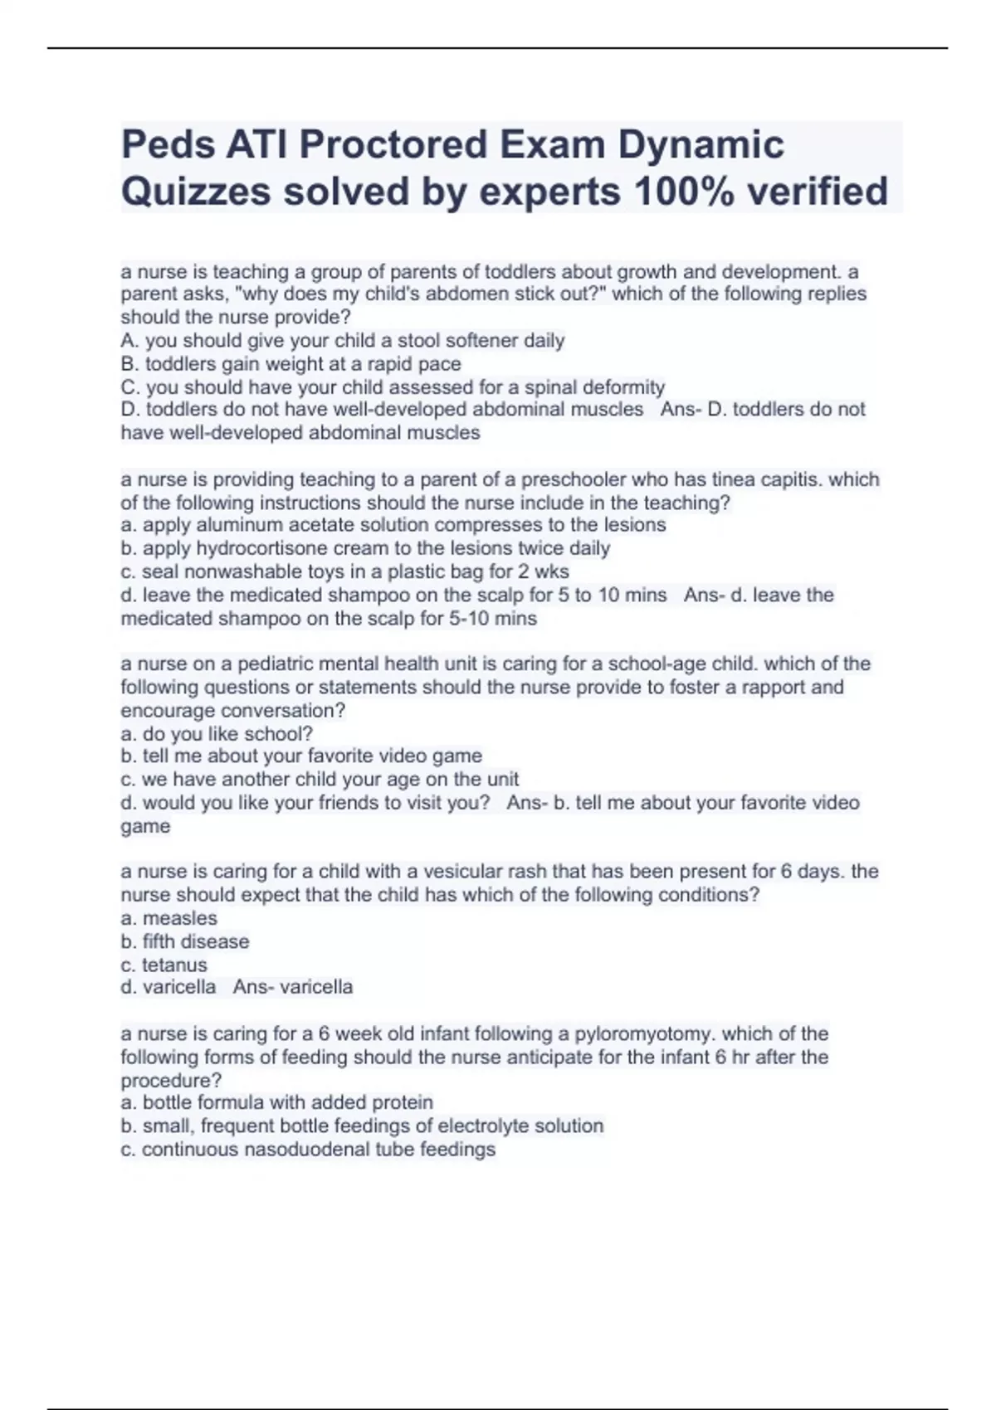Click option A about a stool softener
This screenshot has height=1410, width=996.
pos(342,341)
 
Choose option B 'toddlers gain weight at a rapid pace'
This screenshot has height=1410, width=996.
pos(290,364)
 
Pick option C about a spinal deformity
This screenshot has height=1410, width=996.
pos(393,387)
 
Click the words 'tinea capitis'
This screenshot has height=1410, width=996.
pos(754,479)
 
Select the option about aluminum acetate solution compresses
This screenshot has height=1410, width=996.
pos(393,525)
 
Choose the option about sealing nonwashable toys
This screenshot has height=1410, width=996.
pos(344,571)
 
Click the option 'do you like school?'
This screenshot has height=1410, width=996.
pos(217,734)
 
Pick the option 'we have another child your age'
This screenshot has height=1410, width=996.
pos(320,780)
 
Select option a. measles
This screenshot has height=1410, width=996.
pos(168,918)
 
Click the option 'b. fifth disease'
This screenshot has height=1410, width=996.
pos(184,941)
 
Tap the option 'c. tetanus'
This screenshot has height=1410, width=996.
pos(164,965)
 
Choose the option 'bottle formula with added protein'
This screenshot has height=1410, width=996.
pos(276,1102)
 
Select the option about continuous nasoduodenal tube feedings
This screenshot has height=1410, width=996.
pos(308,1150)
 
